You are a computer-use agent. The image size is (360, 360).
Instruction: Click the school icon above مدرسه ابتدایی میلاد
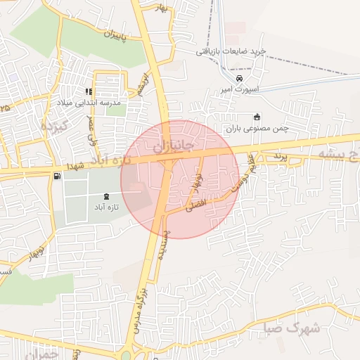tap(89, 91)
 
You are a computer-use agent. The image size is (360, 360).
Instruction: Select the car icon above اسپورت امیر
tap(240, 78)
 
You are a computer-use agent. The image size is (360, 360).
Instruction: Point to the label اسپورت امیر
tap(240, 89)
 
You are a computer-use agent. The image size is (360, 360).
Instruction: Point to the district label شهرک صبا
tap(295, 328)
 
